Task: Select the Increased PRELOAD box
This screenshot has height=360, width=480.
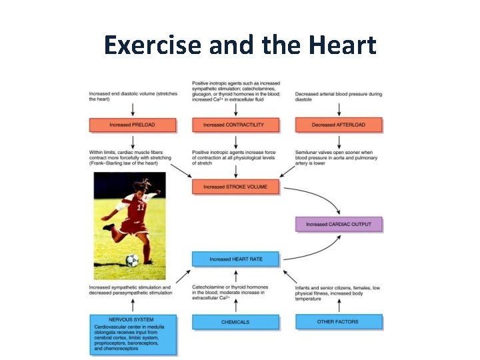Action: tap(133, 125)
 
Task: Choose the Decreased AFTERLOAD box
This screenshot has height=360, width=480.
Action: tap(338, 125)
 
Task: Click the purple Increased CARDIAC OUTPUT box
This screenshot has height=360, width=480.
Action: tap(339, 224)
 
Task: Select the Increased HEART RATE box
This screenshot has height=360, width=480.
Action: tap(236, 259)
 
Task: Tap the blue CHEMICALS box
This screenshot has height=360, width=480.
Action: tap(235, 322)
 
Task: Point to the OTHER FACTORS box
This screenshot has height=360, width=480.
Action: tap(338, 321)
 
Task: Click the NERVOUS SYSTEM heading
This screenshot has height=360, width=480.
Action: tap(132, 320)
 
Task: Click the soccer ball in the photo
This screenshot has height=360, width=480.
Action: tap(133, 260)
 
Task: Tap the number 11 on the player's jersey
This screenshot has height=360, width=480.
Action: tap(141, 207)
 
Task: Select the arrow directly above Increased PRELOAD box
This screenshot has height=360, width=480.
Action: tap(133, 109)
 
